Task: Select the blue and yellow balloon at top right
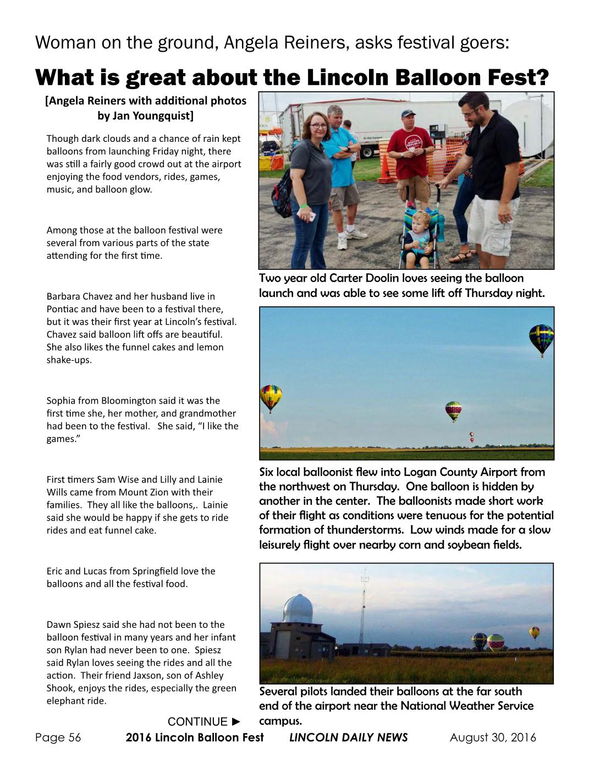coord(541,339)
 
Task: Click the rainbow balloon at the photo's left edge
coord(271,397)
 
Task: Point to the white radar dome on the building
coord(298,608)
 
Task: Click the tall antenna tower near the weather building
coord(364,605)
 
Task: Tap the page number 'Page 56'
coord(58,737)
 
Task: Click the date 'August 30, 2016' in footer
coord(493,737)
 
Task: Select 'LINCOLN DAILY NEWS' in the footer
coord(348,737)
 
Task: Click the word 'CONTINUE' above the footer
coord(197,721)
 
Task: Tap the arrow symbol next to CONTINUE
coord(236,721)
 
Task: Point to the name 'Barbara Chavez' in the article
coord(80,296)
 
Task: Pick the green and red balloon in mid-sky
coord(453,410)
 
